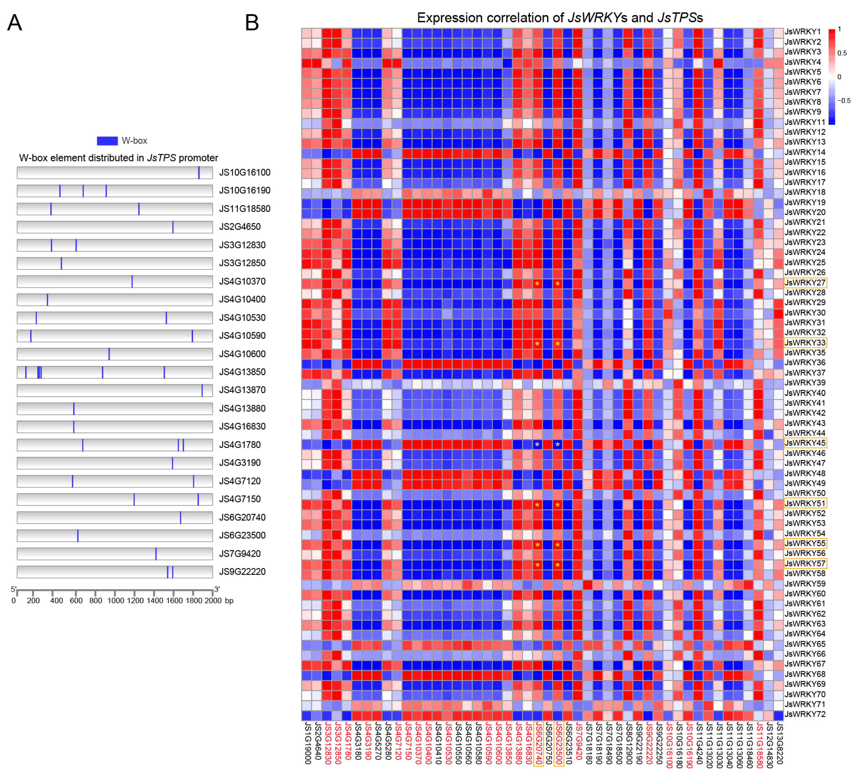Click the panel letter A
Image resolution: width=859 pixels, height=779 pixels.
tap(14, 23)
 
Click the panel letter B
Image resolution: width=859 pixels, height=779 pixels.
tap(252, 23)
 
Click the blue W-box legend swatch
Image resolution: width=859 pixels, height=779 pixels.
tap(107, 141)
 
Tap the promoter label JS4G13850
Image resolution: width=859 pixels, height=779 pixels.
tap(242, 372)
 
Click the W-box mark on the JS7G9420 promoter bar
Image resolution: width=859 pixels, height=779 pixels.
tap(156, 554)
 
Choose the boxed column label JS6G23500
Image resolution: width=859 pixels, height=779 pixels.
tap(558, 744)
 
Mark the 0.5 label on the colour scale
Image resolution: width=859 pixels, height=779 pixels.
tap(842, 53)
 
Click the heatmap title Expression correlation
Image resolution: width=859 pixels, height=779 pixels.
tap(490, 18)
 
